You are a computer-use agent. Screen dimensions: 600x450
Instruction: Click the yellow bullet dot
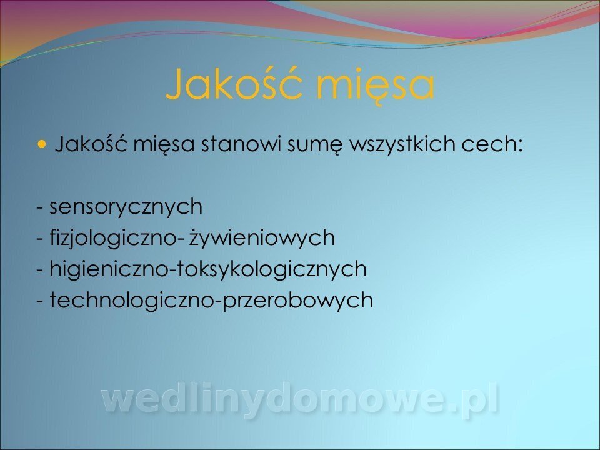click(42, 144)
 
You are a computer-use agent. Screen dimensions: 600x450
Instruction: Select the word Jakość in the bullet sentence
click(91, 144)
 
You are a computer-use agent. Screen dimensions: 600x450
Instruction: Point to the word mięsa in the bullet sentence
click(164, 146)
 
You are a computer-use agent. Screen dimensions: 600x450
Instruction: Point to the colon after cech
click(519, 146)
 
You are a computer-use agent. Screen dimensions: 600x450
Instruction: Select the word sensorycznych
click(126, 207)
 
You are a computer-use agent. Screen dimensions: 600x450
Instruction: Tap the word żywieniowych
click(262, 238)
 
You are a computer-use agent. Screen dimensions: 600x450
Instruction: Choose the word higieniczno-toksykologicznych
click(208, 269)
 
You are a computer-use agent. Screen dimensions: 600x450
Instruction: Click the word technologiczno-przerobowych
click(211, 301)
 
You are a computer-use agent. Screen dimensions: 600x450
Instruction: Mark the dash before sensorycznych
click(40, 209)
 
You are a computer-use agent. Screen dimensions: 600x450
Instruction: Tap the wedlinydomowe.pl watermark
click(301, 400)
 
